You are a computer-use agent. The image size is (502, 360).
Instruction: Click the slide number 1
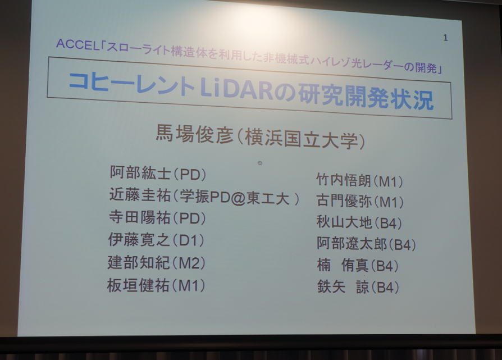[x=445, y=38]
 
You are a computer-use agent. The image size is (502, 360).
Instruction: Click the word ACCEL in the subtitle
[x=77, y=44]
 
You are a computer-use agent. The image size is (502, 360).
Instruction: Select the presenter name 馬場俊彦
[x=194, y=133]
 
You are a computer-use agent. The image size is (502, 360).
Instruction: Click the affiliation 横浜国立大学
[x=300, y=139]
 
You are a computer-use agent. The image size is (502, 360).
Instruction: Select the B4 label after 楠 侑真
[x=385, y=266]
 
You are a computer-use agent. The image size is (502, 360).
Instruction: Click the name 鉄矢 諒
[x=343, y=286]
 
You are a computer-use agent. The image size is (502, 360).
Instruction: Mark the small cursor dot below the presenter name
[x=259, y=163]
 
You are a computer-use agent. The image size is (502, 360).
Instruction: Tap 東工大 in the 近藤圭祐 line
[x=268, y=199]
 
